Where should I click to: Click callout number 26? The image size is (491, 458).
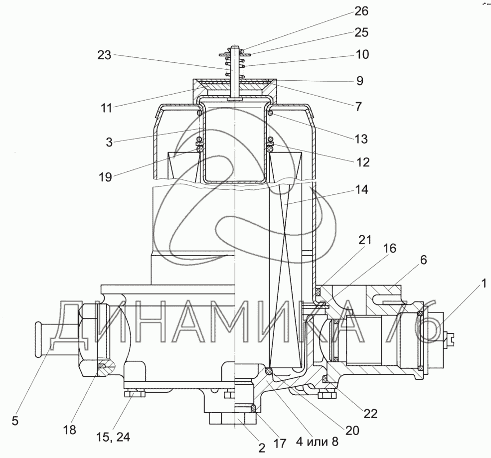click(361, 11)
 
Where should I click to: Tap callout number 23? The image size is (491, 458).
click(104, 55)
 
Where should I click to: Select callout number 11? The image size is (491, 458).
click(106, 108)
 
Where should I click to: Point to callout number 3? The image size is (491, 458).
click(109, 142)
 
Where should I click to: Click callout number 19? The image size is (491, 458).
click(105, 177)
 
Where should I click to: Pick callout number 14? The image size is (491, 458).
click(361, 190)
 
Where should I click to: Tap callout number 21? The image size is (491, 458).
click(365, 240)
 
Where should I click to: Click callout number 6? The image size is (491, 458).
click(423, 260)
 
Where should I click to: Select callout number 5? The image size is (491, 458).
click(15, 421)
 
